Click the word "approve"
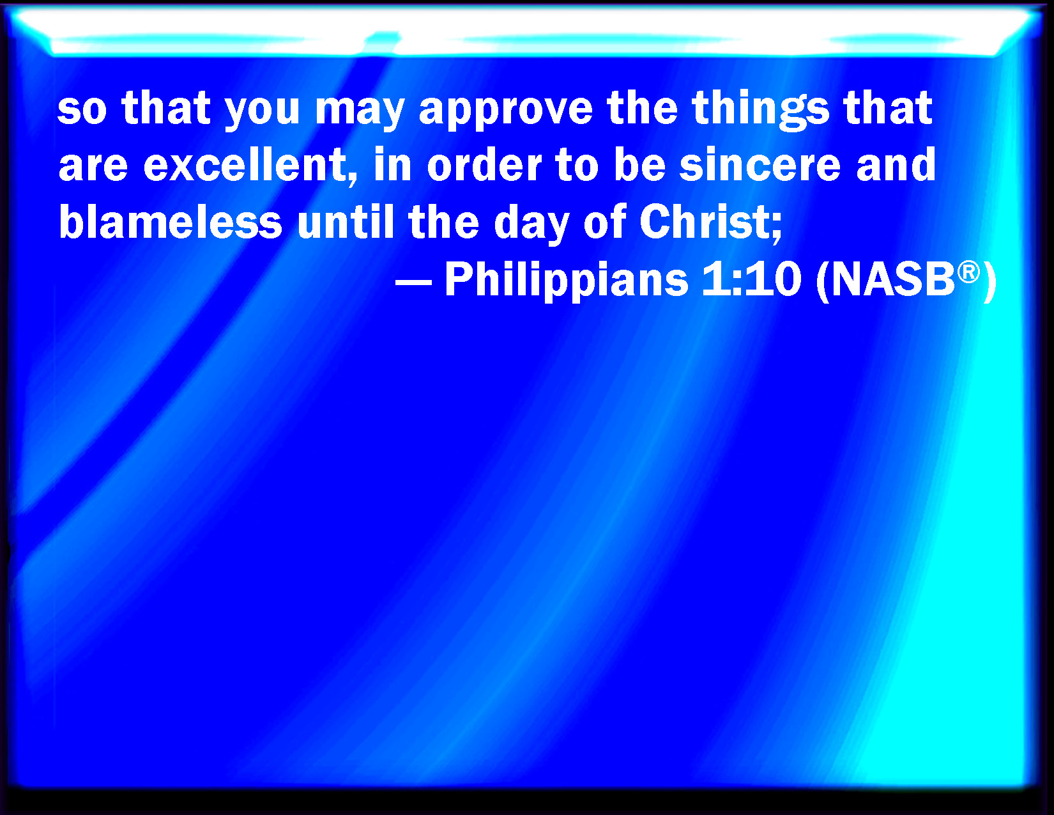505,110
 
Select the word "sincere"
760,165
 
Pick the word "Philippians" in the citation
567,279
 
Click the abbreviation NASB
892,279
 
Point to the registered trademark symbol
968,272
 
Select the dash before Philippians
413,282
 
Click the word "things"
760,110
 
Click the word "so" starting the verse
82,110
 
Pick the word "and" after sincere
896,164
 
